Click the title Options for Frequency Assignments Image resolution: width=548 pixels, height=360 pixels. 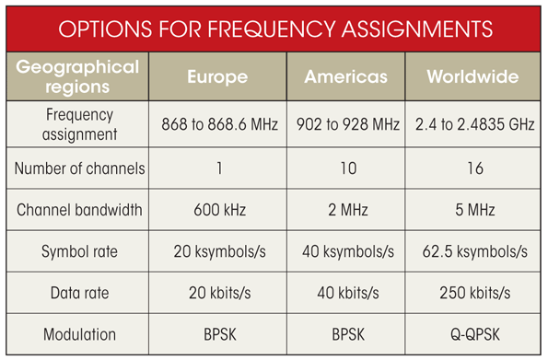click(x=274, y=28)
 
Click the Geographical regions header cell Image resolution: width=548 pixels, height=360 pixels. click(x=78, y=76)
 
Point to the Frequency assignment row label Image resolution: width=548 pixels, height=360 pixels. click(x=78, y=125)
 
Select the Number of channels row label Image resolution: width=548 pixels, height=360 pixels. click(x=78, y=168)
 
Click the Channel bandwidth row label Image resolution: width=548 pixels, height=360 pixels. click(x=78, y=210)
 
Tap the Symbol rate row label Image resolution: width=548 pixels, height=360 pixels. click(x=78, y=251)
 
